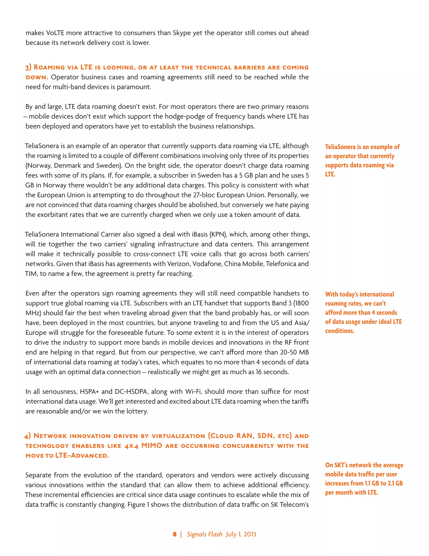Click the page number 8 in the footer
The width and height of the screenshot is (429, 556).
(x=175, y=534)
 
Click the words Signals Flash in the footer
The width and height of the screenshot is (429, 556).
(x=205, y=534)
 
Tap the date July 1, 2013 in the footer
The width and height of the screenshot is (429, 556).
(x=241, y=534)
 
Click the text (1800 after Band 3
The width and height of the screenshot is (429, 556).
(x=301, y=303)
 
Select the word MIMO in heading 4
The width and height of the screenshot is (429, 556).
(x=152, y=445)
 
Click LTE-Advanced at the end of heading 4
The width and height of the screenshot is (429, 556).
(x=82, y=456)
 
